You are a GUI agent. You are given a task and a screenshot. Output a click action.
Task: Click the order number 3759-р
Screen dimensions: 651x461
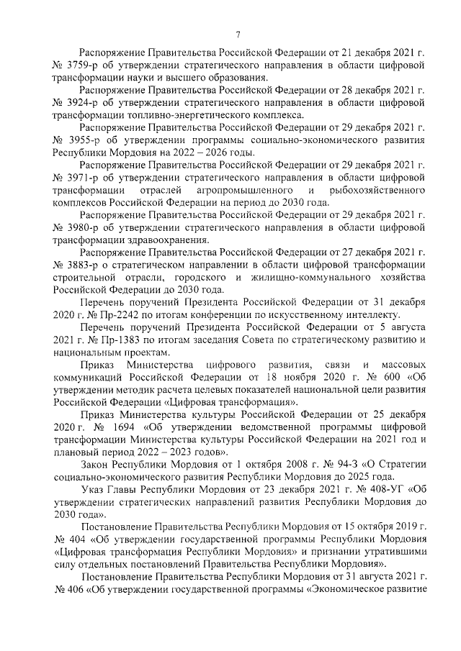point(84,65)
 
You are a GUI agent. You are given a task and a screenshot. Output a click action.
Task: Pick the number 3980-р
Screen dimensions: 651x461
point(84,227)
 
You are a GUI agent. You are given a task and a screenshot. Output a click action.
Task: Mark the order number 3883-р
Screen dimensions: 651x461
point(84,265)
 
